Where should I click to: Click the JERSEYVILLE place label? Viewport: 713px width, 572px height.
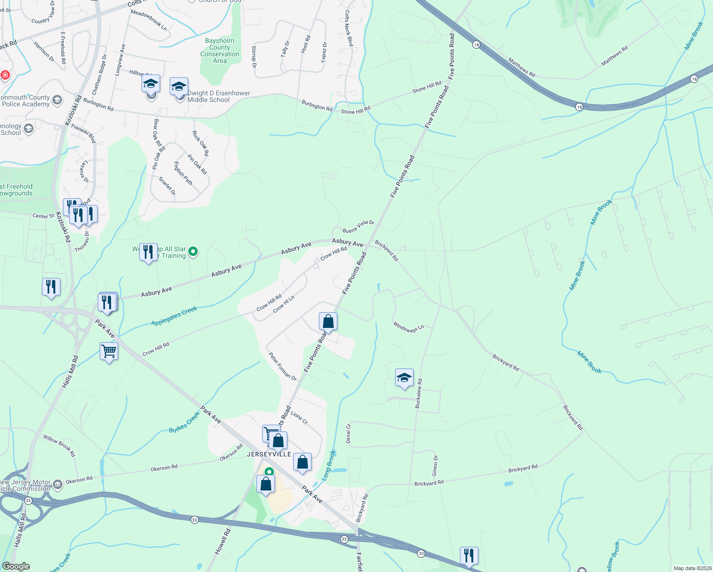(269, 454)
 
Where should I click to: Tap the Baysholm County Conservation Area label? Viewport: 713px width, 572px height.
(220, 51)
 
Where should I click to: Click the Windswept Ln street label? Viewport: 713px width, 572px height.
(408, 327)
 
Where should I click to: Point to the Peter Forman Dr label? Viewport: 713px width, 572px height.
(282, 367)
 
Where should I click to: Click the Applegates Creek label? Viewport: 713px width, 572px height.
(174, 317)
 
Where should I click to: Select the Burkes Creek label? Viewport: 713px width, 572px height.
(184, 422)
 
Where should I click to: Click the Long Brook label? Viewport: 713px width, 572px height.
(328, 465)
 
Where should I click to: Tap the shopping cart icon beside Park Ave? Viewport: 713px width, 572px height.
(109, 351)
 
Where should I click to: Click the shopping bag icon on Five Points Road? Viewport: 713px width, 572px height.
(328, 322)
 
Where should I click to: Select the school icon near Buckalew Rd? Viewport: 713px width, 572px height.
(404, 378)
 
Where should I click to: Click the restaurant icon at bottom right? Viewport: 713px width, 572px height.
(469, 555)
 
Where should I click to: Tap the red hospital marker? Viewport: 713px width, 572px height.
(5, 75)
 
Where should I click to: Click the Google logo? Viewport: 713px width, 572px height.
(16, 566)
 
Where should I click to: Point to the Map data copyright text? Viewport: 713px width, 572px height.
(692, 568)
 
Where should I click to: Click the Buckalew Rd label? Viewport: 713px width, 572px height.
(418, 393)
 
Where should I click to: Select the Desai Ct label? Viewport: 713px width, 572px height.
(348, 433)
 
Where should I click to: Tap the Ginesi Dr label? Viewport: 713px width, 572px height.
(435, 465)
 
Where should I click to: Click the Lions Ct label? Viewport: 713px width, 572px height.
(299, 418)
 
